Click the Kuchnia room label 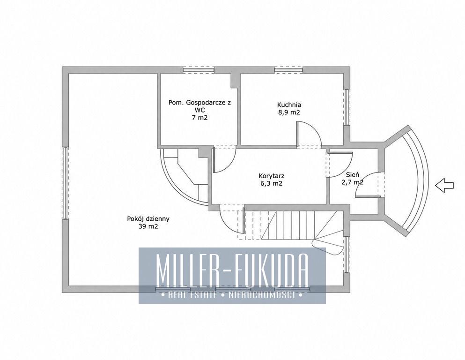click(x=289, y=105)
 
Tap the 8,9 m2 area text click(x=289, y=112)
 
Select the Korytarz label click(x=271, y=176)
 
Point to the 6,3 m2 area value click(x=271, y=184)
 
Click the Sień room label click(x=353, y=175)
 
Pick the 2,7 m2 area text click(x=353, y=182)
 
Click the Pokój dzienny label click(x=148, y=219)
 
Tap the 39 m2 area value click(x=148, y=227)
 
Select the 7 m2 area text click(x=199, y=118)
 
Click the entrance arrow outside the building click(x=444, y=185)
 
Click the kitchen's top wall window click(x=288, y=70)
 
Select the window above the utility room click(x=199, y=70)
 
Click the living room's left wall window click(x=65, y=183)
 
